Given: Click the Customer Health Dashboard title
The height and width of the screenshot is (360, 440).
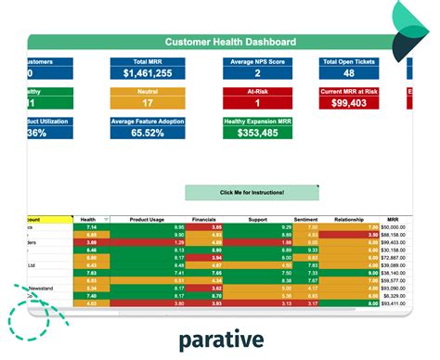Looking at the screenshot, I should tap(230, 42).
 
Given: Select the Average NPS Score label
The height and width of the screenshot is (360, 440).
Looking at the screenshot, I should tap(257, 62).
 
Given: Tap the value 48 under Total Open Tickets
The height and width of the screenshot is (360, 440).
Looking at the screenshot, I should tap(349, 72).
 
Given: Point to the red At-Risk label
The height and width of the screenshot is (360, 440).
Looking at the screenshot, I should tap(257, 92).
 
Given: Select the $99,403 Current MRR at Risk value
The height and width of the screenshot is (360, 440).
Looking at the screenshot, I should tap(349, 104).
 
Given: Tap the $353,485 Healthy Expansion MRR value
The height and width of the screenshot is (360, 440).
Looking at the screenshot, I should tap(257, 134).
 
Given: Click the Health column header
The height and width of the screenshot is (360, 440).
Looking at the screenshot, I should tap(88, 219).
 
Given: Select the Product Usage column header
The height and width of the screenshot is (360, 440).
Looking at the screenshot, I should tap(148, 219).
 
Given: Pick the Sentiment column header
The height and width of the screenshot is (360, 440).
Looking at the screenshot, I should tap(306, 219).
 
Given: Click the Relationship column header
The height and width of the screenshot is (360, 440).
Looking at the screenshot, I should tap(348, 219).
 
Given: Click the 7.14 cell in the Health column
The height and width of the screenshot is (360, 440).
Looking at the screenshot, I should tap(92, 226).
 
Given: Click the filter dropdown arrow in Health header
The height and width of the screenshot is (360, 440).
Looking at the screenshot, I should tap(106, 219).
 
